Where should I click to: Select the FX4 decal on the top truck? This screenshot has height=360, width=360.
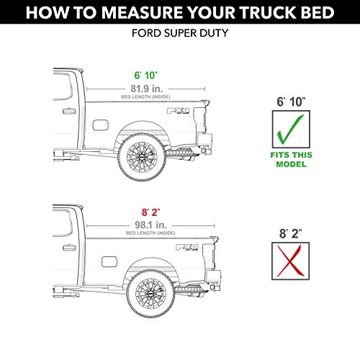point(176,112)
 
